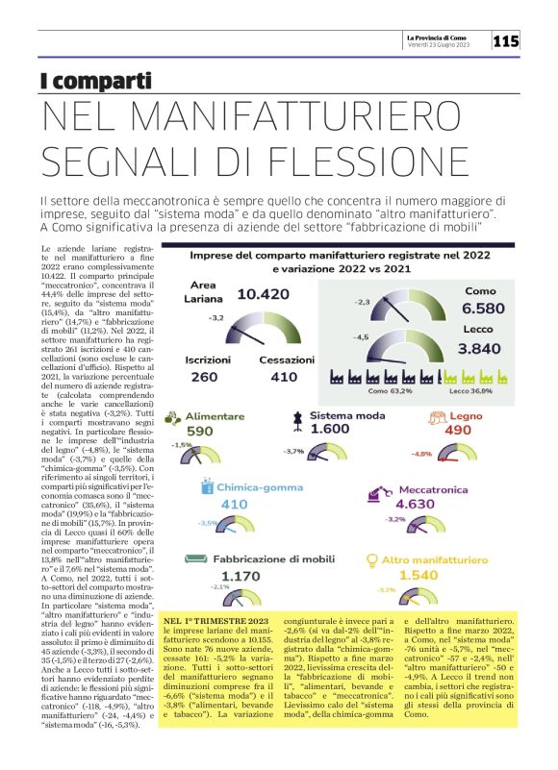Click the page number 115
(506, 40)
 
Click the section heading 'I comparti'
(95, 82)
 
